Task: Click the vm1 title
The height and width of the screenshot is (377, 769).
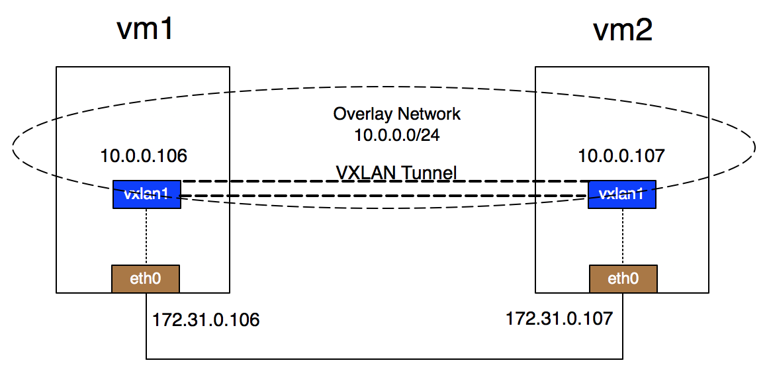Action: point(144,30)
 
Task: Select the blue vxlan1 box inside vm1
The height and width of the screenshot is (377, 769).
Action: point(146,194)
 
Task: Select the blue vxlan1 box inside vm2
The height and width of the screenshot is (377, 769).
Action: point(622,194)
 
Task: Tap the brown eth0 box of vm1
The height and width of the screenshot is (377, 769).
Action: point(146,278)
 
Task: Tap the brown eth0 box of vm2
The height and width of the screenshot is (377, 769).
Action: point(623,278)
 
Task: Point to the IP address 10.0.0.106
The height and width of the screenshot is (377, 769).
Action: point(144,156)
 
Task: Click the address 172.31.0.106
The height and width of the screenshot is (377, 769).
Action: point(206,321)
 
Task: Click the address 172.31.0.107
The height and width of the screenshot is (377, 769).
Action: point(559,318)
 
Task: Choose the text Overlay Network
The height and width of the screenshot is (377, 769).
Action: point(396,114)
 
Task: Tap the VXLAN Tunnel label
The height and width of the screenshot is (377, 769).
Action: point(396,173)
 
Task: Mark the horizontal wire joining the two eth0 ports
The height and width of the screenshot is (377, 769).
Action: point(384,359)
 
